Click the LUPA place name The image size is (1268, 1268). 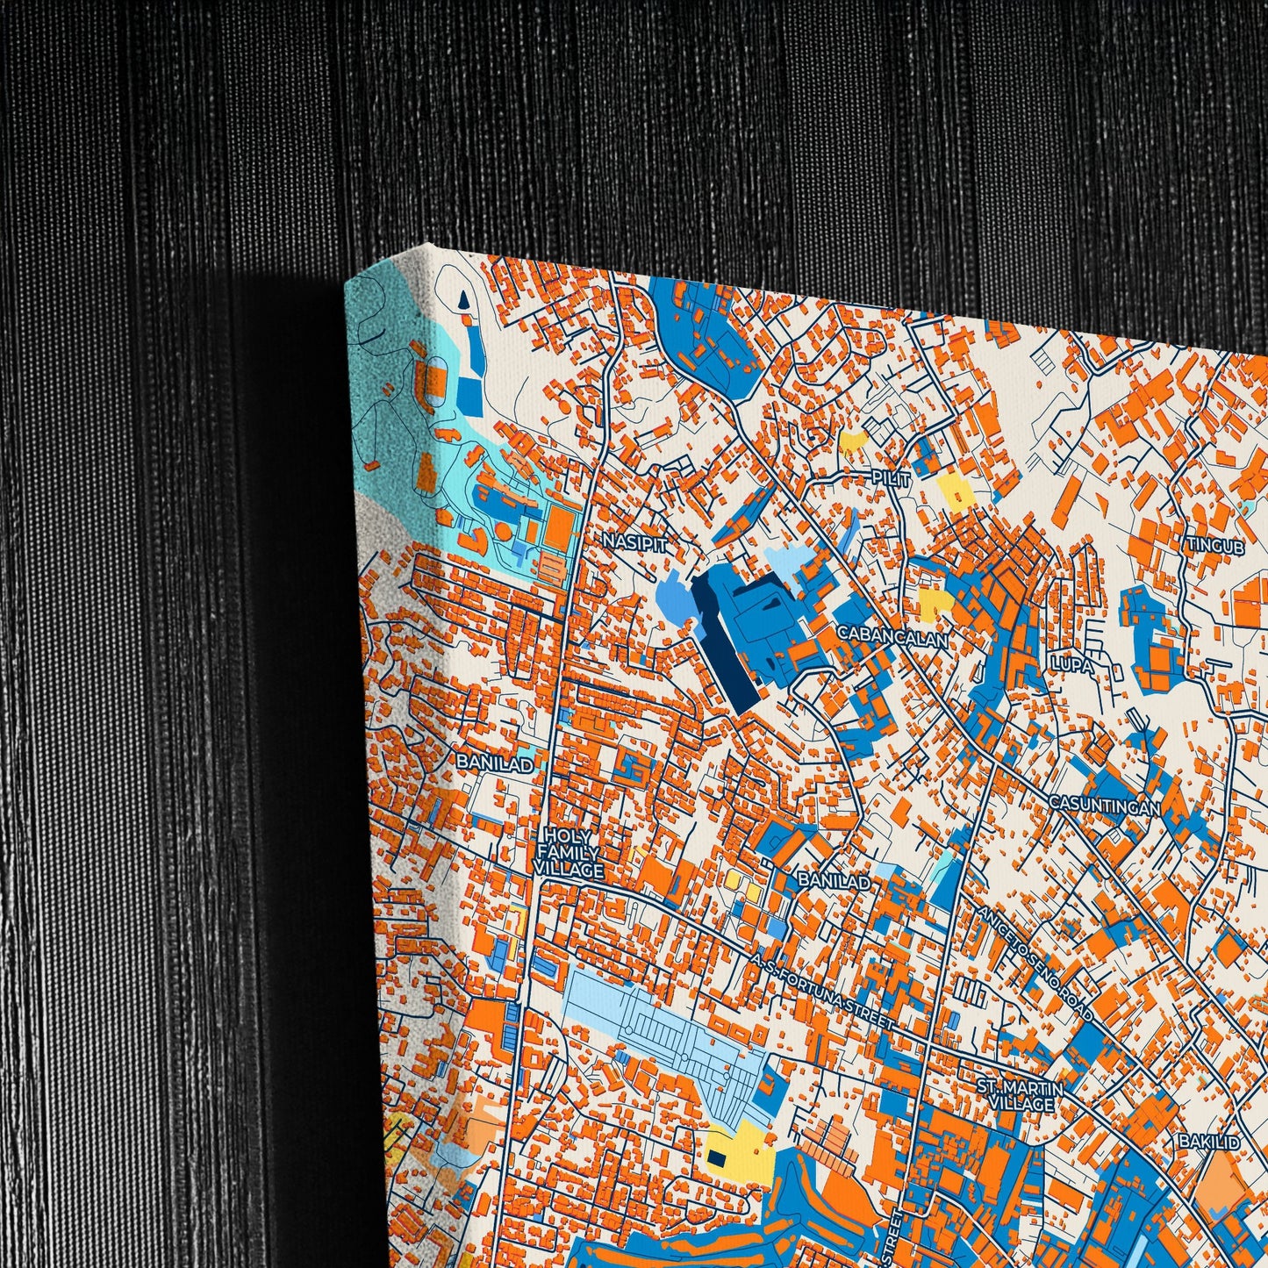pos(1073,666)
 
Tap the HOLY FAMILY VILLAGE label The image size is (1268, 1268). pos(569,852)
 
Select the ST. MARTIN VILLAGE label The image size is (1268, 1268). pos(1020,1096)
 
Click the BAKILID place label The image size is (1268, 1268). pos(1210,1142)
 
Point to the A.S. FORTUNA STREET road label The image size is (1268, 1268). pos(821,992)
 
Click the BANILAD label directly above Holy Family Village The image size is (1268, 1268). pos(494,763)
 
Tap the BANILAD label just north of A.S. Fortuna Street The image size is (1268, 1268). pos(834,881)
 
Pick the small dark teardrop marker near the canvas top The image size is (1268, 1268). pos(462,302)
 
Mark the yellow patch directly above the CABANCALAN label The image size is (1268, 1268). pos(935,602)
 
